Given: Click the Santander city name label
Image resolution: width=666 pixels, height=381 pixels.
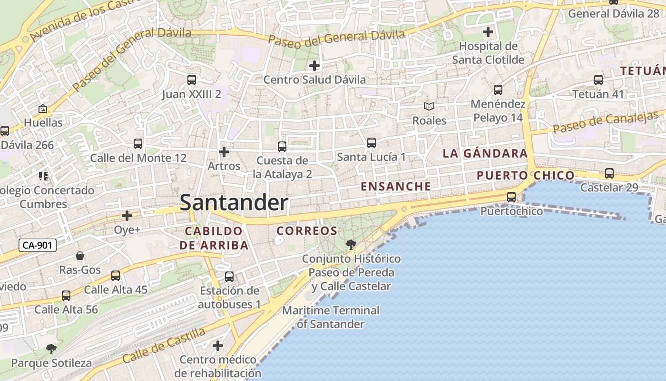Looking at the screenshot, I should tap(234, 203).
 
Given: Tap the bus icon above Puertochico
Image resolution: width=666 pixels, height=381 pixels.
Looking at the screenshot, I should tap(511, 197).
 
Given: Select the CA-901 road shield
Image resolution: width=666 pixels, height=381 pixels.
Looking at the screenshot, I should tap(38, 246).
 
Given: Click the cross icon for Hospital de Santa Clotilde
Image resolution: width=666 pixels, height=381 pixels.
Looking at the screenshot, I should tap(488, 32).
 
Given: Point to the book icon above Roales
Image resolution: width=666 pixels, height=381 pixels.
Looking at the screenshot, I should tap(429, 107).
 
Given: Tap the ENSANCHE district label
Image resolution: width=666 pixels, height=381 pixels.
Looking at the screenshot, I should tap(396, 187).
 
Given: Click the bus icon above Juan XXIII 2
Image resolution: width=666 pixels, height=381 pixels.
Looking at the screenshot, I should tap(192, 80).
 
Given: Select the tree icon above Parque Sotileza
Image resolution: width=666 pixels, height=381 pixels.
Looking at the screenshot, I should tap(51, 349).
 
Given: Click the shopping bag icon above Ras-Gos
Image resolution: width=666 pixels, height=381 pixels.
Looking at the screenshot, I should tap(80, 256).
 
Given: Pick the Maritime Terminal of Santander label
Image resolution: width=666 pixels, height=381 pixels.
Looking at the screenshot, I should tap(331, 317).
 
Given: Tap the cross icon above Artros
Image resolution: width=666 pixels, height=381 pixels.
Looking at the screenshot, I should tap(224, 152).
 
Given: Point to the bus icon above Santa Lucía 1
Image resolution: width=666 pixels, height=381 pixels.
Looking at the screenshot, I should tap(372, 142).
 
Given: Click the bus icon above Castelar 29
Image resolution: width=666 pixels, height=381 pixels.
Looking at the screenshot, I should tap(609, 173).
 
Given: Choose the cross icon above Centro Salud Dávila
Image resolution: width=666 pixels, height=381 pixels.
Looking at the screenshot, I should tap(314, 65).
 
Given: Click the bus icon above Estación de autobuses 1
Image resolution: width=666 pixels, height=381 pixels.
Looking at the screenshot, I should tap(229, 276).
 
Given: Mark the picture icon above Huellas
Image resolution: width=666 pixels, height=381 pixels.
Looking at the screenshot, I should tap(43, 109).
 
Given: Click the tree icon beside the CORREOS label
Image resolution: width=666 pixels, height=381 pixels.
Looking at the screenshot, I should tap(351, 245).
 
